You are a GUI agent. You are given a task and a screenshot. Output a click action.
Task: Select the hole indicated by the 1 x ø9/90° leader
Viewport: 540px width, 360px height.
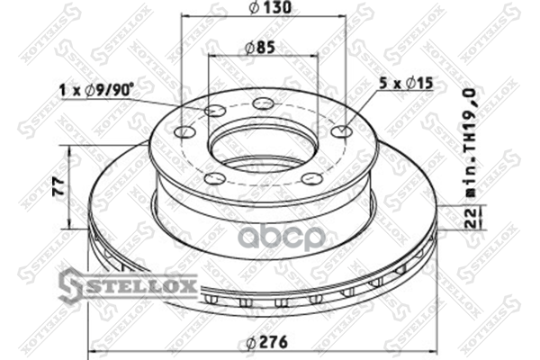(x=216, y=111)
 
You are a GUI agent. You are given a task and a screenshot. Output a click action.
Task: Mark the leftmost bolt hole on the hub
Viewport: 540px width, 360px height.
(x=185, y=132)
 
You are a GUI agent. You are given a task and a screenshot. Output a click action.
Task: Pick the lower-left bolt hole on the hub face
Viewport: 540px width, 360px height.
(x=214, y=178)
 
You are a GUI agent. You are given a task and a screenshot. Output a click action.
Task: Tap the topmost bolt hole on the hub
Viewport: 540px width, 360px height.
(x=263, y=103)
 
